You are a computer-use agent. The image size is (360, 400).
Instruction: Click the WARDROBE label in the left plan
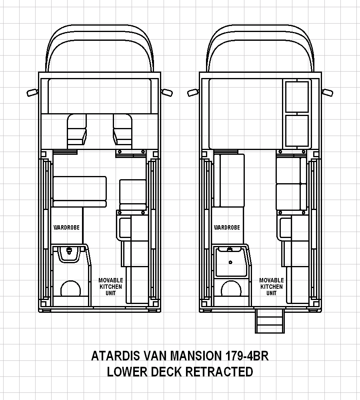click(x=66, y=227)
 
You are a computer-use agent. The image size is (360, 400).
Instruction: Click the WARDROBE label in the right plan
click(x=227, y=227)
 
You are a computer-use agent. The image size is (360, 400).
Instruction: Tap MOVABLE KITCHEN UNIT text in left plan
click(x=111, y=287)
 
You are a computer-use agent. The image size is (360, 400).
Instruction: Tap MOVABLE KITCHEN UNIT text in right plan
click(x=272, y=287)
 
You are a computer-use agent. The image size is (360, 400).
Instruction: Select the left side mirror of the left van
click(x=32, y=93)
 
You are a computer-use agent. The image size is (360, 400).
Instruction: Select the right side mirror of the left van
click(x=167, y=93)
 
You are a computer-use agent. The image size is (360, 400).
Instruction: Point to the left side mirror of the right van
click(x=193, y=93)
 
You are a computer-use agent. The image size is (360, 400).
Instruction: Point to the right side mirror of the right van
click(x=328, y=93)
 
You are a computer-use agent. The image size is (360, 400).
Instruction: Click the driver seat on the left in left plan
click(x=77, y=131)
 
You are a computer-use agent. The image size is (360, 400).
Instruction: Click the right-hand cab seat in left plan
click(x=123, y=131)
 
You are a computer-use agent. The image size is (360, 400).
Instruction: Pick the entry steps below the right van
click(x=270, y=321)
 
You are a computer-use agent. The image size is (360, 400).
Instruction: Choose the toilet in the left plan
click(x=71, y=288)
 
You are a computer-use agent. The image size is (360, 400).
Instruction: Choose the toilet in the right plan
click(x=231, y=288)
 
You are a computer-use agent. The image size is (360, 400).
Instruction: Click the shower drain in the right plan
click(x=230, y=262)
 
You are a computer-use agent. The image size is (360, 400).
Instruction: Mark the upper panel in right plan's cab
click(x=297, y=97)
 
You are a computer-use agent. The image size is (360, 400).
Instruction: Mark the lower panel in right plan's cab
click(x=297, y=131)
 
